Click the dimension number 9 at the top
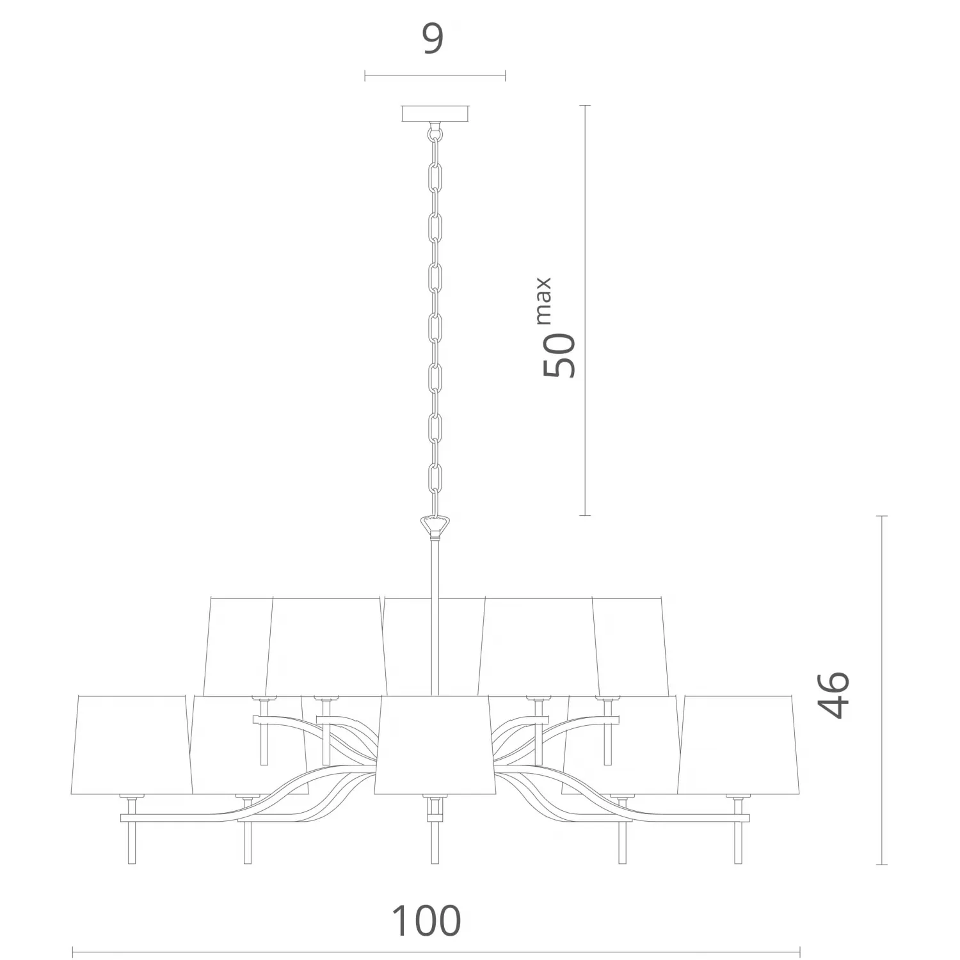(433, 40)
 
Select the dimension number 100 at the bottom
(426, 921)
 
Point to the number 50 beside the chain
(559, 355)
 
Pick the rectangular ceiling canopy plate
(435, 114)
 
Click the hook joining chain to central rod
(435, 526)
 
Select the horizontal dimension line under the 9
(435, 76)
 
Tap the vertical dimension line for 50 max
(584, 310)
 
